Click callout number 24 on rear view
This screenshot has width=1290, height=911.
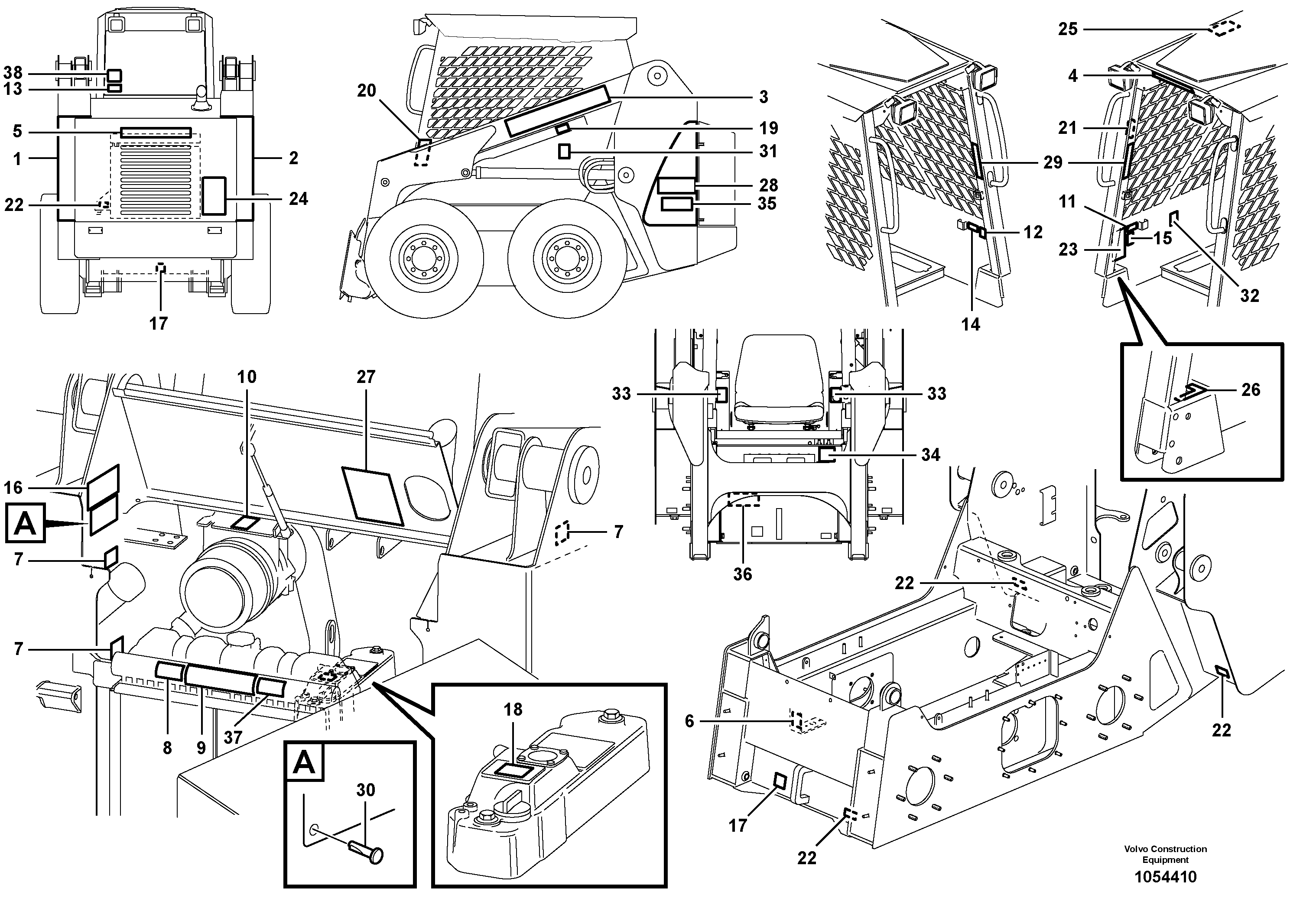coord(298,199)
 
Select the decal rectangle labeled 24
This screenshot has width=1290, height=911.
coord(214,195)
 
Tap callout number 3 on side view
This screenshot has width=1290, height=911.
coord(764,97)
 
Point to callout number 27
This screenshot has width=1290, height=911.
coord(365,377)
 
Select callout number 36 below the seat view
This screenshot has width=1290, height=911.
coord(742,574)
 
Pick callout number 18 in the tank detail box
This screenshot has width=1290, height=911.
coord(513,710)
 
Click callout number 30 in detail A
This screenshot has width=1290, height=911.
coord(365,790)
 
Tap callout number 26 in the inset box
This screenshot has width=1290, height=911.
coord(1250,389)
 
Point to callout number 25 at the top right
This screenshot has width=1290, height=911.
coord(1068,29)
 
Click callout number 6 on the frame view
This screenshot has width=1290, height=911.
coord(689,721)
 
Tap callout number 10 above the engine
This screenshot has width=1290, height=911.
coord(247,377)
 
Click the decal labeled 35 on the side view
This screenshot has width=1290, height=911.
coord(676,204)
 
